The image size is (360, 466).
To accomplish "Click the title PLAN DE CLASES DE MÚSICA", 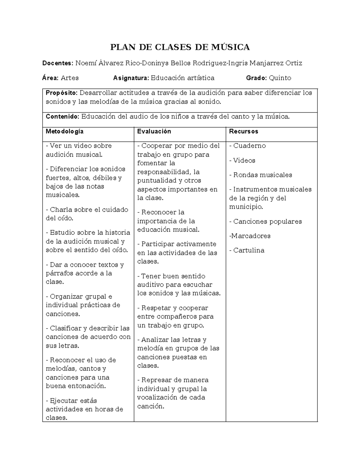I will tap(180, 47).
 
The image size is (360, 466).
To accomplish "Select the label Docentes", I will tap(57, 63).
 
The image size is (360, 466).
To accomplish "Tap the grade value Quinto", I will tap(280, 78).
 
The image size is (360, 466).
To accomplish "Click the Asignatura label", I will tap(131, 78).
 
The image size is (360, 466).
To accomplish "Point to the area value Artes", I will tap(70, 78).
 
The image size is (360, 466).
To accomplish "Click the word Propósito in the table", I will tap(61, 93).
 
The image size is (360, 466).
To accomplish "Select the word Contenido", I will tap(62, 116).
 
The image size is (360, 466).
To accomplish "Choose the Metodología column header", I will tap(64, 131).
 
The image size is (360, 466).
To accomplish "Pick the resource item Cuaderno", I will tap(249, 146).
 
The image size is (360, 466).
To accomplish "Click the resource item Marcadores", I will tap(250, 236).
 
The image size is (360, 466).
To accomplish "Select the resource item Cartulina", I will tap(249, 250).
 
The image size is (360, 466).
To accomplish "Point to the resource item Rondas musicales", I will tap(262, 175).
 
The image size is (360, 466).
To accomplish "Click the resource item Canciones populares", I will tap(267, 221).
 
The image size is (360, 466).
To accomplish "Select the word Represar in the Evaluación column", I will tap(154, 380).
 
